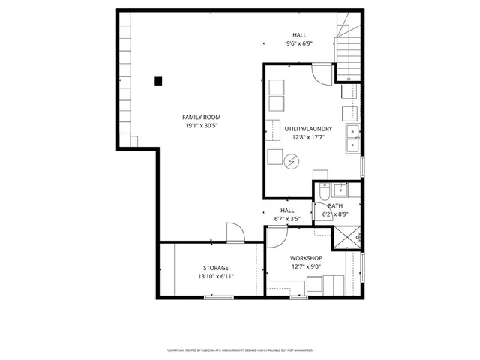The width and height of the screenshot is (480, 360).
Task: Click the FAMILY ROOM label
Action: pos(202,117)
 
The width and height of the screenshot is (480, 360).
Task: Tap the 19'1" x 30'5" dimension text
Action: pos(202,126)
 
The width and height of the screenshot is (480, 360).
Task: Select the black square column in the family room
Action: pos(157,80)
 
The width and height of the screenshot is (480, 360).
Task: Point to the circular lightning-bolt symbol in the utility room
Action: pos(291,160)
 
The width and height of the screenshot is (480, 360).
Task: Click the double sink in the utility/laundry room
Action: pos(352,138)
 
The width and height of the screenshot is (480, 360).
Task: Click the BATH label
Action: pos(335,205)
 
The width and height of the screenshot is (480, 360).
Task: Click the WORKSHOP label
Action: pos(306,258)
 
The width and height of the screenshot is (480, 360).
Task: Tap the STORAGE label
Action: pos(216,268)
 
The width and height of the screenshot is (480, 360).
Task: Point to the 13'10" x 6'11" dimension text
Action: pos(216,277)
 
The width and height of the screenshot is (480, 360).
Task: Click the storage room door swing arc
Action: pos(235,233)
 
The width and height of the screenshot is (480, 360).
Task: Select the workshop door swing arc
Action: pos(276,236)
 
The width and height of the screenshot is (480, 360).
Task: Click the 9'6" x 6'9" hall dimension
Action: pos(299,43)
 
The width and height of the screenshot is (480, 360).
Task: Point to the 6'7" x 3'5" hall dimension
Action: pos(287,219)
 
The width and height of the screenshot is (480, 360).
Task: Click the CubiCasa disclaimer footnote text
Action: pos(240,350)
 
